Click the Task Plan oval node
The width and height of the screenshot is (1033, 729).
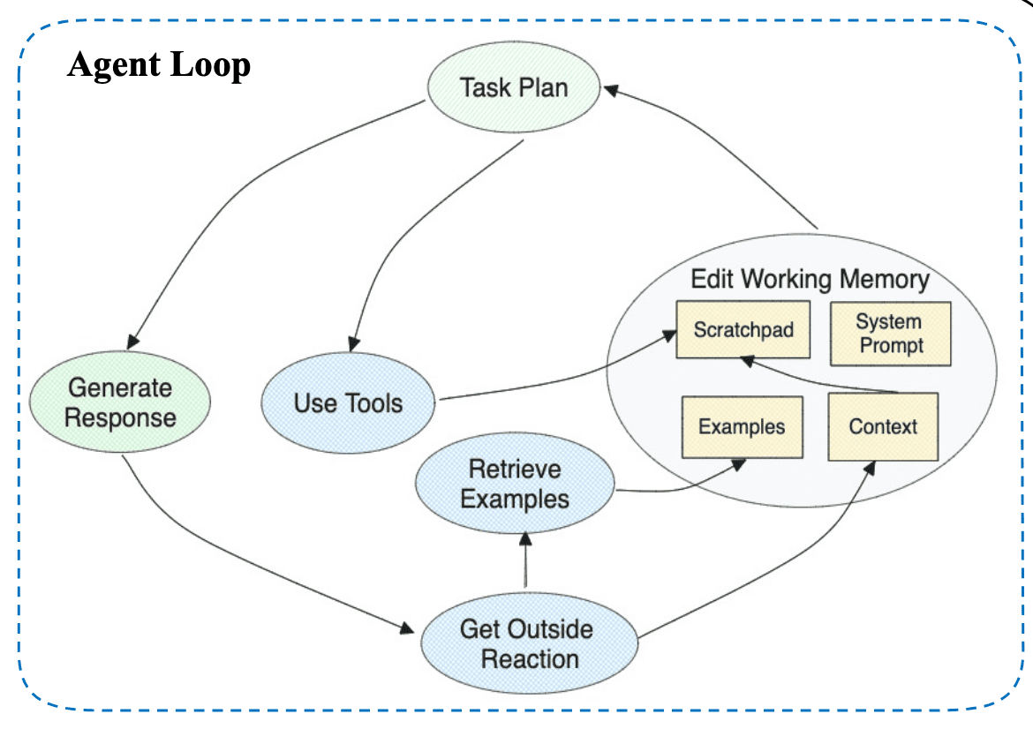pyautogui.click(x=514, y=87)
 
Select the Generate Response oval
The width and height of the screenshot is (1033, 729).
pyautogui.click(x=120, y=402)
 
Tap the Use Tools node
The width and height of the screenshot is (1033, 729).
pyautogui.click(x=348, y=403)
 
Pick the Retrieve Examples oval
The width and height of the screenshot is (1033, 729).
pyautogui.click(x=515, y=485)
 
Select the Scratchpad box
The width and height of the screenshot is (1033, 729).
pyautogui.click(x=743, y=330)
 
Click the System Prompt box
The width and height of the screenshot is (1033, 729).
pyautogui.click(x=890, y=334)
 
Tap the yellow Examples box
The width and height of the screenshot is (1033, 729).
pyautogui.click(x=742, y=427)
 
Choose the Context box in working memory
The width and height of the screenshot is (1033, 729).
pyautogui.click(x=883, y=427)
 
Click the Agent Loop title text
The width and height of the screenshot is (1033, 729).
pyautogui.click(x=159, y=64)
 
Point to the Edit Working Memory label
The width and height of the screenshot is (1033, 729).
pyautogui.click(x=810, y=280)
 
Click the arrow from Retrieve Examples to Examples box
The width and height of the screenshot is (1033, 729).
pyautogui.click(x=680, y=485)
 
